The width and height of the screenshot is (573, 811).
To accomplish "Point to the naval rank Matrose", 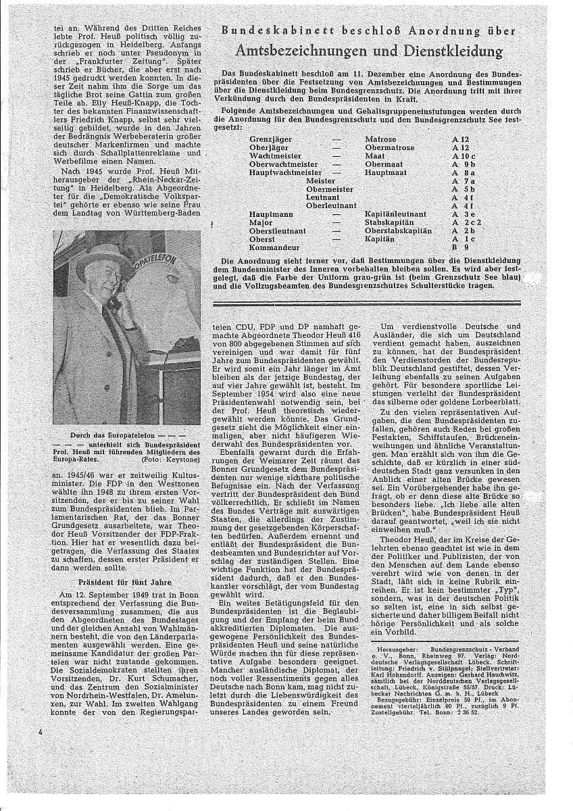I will tap(380, 139).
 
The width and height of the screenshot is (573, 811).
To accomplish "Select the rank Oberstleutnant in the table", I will tap(278, 230).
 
